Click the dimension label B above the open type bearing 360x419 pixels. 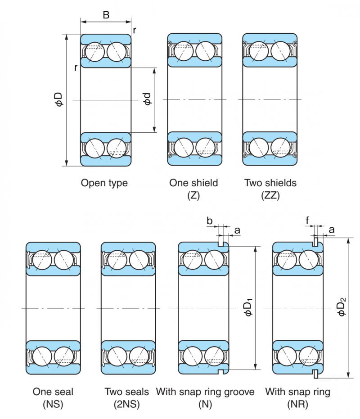106,15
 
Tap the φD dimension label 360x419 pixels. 58,99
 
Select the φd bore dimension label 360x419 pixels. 147,99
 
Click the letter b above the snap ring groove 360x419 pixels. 209,221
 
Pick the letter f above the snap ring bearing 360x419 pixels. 307,221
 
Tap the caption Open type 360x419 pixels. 104,183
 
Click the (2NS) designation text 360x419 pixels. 128,404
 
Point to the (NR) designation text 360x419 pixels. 297,404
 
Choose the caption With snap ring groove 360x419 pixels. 205,392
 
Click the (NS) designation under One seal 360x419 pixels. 53,404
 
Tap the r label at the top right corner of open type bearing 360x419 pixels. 135,31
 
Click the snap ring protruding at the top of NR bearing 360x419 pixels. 317,243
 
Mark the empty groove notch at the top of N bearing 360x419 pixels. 221,244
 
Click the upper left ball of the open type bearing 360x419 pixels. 95,51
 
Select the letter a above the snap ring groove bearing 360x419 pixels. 237,230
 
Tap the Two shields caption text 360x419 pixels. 270,183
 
